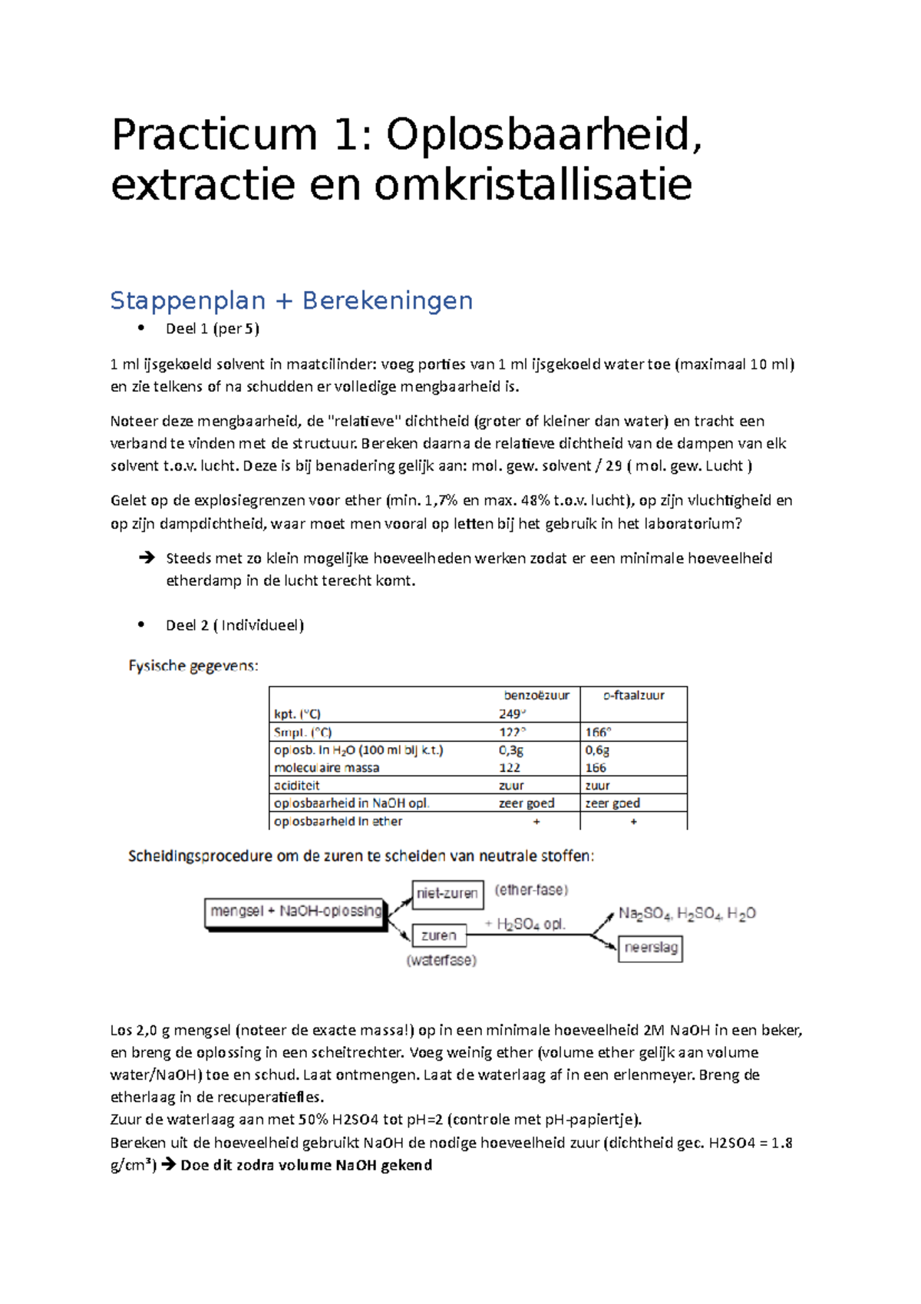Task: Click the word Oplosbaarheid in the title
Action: [x=543, y=135]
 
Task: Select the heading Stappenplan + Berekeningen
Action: [x=291, y=300]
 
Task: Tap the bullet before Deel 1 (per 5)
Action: [x=141, y=328]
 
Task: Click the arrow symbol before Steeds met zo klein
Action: [x=146, y=558]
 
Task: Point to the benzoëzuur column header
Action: [x=536, y=695]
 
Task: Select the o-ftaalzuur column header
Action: [x=633, y=695]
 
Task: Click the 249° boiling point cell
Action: [x=511, y=713]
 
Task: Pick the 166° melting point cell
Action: [x=598, y=732]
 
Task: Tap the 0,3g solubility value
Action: [x=511, y=750]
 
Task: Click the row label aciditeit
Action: [x=296, y=786]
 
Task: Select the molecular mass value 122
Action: [x=510, y=768]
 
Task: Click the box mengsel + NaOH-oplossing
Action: [x=295, y=912]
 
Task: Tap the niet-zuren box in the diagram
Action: [x=447, y=894]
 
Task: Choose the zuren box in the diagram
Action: [x=439, y=935]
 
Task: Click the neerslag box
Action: [x=651, y=948]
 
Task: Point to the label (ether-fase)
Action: [x=531, y=890]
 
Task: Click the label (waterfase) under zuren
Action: [x=441, y=960]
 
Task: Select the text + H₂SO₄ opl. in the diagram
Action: [x=526, y=925]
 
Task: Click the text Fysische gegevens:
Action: [x=193, y=666]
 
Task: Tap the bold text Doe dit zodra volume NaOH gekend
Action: [x=306, y=1165]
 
